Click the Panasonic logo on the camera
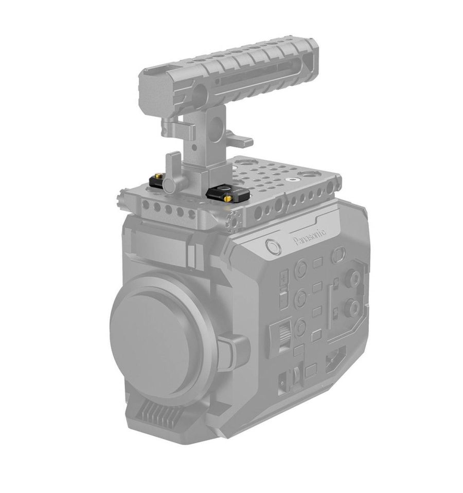pos(310,236)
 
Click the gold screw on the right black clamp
pos(228,198)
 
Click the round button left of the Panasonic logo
pos(273,247)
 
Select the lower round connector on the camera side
pos(352,308)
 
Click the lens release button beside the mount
pos(232,352)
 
